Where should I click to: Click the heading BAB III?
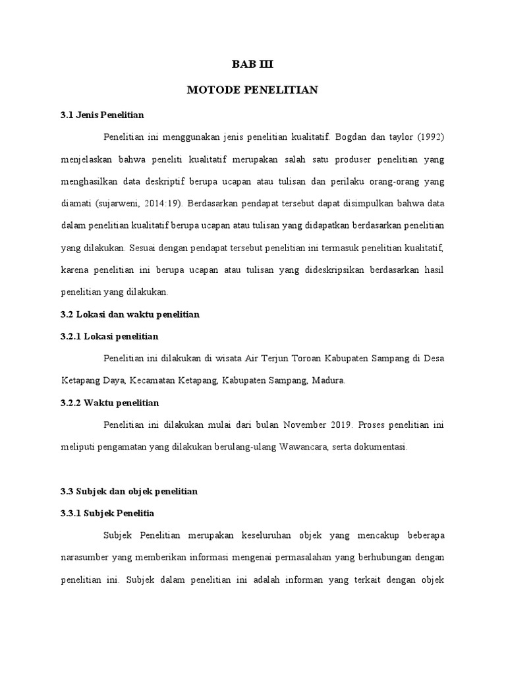[252, 65]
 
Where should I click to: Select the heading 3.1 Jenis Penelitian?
[102, 115]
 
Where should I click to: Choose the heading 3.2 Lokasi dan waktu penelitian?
[130, 314]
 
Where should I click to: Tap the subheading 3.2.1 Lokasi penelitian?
[109, 336]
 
